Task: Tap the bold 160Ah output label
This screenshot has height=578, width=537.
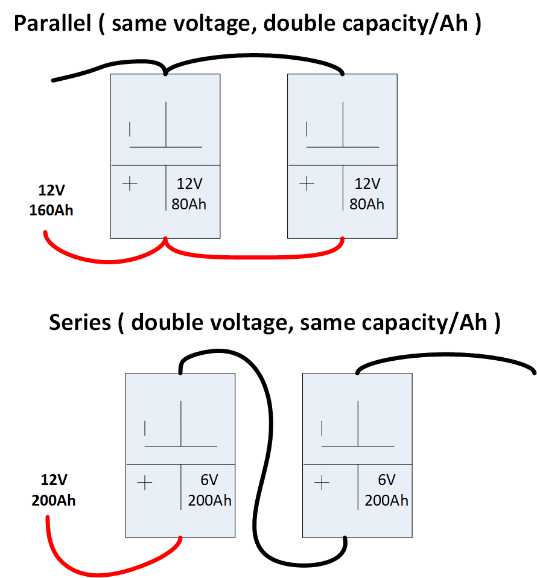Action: pos(51,211)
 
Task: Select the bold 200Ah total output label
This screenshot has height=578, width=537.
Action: pos(54,500)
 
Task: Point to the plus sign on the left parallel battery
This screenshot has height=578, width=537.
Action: pos(130,183)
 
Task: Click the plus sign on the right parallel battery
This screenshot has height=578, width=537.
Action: pos(307,183)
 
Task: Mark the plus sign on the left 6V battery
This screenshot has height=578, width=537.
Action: pos(145,483)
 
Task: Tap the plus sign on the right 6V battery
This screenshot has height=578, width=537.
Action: pos(322,483)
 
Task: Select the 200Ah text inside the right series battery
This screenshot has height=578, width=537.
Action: pos(386,500)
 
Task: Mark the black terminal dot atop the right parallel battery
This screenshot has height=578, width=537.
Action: pos(343,74)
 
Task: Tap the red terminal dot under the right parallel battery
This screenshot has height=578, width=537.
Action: pos(343,239)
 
